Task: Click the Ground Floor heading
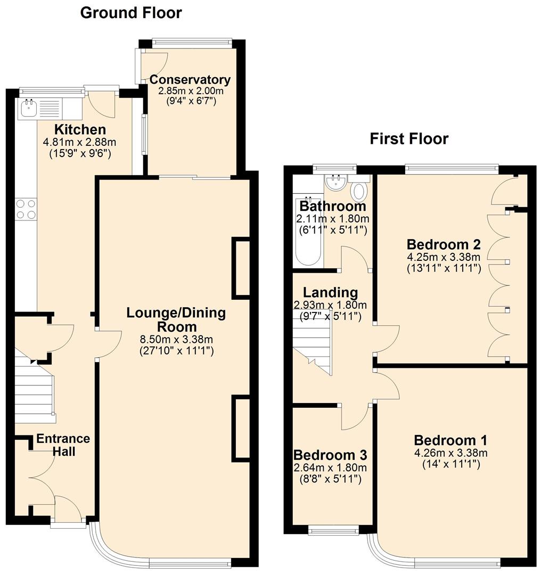point(130,12)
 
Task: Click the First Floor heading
point(409,139)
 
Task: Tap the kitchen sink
point(29,108)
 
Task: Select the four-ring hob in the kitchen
point(26,208)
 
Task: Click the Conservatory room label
point(190,80)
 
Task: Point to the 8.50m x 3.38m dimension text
point(176,339)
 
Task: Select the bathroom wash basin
point(337,184)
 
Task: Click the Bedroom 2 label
point(444,244)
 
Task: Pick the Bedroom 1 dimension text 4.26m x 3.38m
point(450,453)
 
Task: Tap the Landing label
point(330,292)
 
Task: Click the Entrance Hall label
point(63,445)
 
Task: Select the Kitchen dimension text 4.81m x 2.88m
point(80,142)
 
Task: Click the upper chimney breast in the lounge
point(241,267)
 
